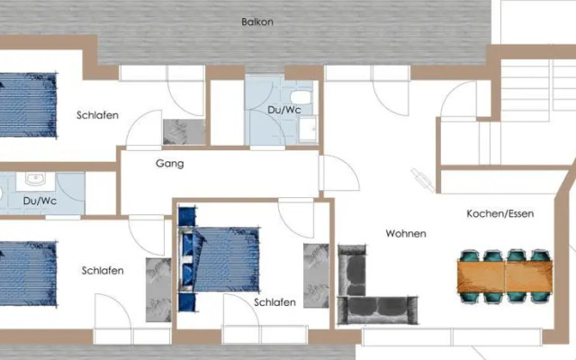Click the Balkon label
tap(257, 22)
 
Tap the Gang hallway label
tap(169, 164)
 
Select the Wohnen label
tap(406, 233)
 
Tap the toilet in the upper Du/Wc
tap(301, 96)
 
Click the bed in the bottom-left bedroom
tap(27, 271)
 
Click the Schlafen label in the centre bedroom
tap(274, 302)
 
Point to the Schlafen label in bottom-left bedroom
tap(103, 270)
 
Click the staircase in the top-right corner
tap(531, 103)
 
